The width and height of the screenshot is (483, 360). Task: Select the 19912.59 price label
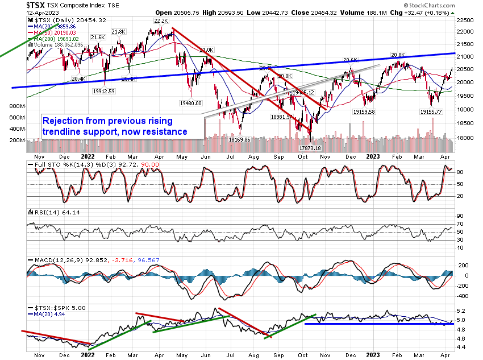(105, 91)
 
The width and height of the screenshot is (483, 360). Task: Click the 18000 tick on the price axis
(466, 138)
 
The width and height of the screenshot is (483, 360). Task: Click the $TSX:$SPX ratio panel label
(47, 307)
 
